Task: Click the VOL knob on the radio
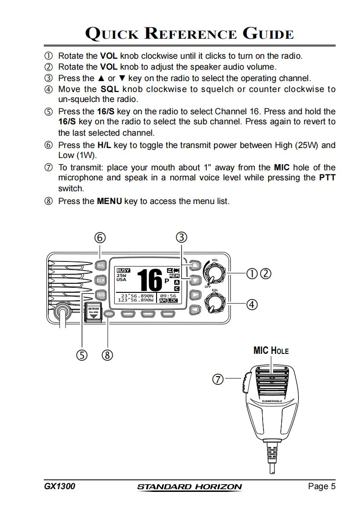click(213, 274)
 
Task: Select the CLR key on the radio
click(100, 280)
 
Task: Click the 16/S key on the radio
click(101, 295)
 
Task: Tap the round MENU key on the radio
click(108, 313)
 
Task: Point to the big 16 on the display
click(149, 280)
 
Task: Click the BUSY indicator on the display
click(123, 270)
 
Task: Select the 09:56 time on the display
click(168, 296)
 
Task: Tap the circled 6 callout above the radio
click(100, 237)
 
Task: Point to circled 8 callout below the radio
click(107, 354)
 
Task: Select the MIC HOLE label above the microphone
click(271, 350)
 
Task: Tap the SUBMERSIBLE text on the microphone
click(272, 401)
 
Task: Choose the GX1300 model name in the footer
click(60, 486)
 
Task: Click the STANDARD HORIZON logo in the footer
click(189, 487)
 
